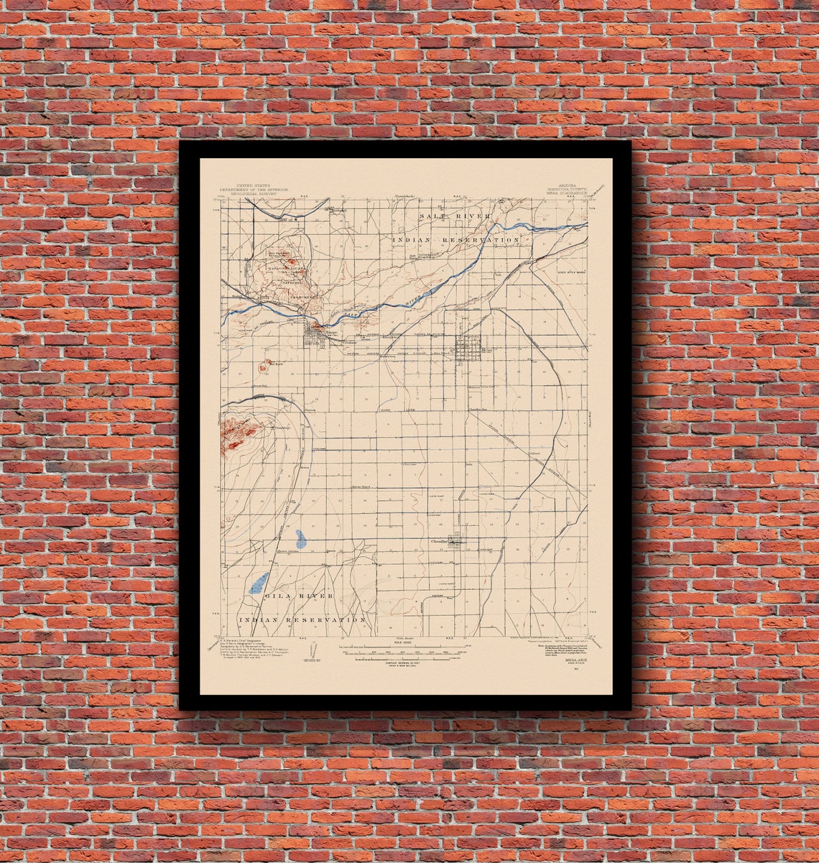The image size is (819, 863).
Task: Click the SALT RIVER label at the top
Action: (x=455, y=216)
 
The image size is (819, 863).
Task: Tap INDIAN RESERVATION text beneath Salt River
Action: (x=455, y=239)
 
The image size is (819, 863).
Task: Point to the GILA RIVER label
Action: (x=298, y=596)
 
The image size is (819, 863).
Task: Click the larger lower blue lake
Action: (x=259, y=582)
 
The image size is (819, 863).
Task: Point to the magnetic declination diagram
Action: (x=310, y=650)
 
